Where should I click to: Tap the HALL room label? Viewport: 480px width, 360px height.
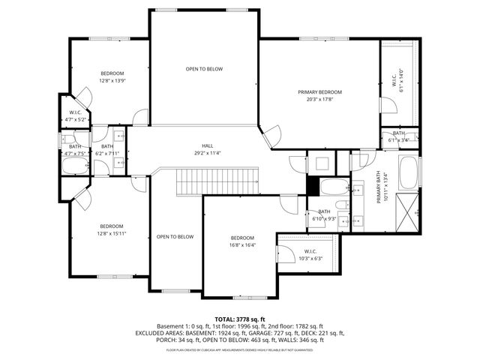coord(205,145)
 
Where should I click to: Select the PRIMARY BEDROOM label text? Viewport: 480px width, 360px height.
coord(319,91)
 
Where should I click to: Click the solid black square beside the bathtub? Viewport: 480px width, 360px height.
coord(313,184)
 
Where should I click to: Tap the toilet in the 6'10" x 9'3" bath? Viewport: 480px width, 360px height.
coord(341,205)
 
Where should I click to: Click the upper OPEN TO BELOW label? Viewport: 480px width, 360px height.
coord(205,69)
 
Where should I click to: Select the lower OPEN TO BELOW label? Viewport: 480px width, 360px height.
coord(175,237)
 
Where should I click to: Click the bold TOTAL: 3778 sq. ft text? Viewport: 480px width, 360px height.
coord(240,319)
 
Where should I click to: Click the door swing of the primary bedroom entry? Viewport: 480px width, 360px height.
coord(271,135)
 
